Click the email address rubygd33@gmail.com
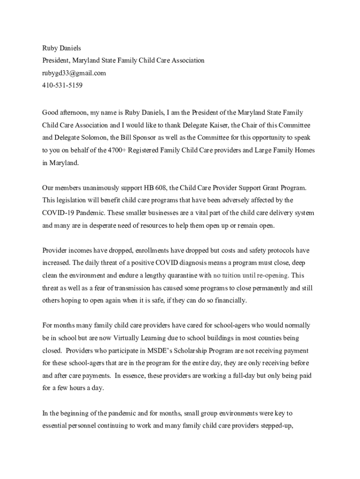pos(74,73)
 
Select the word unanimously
pos(94,188)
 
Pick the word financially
pos(228,300)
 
